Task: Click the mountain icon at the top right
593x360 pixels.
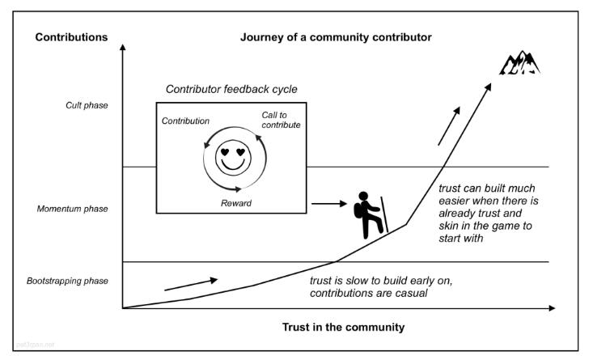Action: tap(518, 62)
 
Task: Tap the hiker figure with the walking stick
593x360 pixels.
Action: tap(370, 214)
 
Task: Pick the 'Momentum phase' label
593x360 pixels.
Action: tap(73, 209)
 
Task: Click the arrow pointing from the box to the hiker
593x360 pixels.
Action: tap(328, 203)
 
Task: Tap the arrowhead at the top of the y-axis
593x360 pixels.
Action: tap(122, 48)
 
